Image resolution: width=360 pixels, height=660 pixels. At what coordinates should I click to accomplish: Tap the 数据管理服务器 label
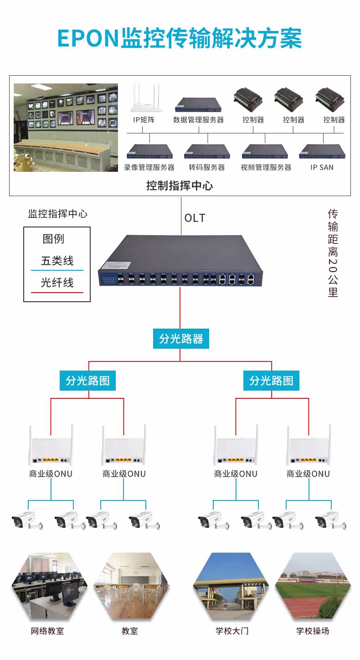click(199, 120)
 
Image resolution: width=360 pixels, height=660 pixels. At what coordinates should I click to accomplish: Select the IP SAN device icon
click(322, 151)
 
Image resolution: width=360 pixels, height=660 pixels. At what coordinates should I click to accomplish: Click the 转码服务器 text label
click(207, 167)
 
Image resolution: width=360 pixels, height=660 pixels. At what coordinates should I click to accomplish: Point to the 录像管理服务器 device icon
click(149, 151)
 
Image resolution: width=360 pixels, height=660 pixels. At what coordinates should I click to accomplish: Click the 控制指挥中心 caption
click(180, 186)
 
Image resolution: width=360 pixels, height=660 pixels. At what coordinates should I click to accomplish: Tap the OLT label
click(195, 218)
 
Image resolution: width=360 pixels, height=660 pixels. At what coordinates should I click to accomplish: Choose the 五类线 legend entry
click(57, 261)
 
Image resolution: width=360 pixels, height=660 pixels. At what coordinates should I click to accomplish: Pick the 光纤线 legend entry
click(57, 283)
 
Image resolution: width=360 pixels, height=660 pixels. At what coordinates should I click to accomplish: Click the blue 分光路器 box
click(181, 339)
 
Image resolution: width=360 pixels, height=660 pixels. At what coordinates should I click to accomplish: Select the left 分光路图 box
click(88, 381)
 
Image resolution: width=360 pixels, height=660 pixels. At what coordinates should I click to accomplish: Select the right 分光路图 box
click(271, 381)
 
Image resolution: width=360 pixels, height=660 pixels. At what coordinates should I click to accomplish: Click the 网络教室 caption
click(47, 631)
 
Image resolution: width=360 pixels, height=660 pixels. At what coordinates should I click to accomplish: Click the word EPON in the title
click(87, 38)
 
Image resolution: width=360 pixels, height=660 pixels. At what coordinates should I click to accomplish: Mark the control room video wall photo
click(66, 127)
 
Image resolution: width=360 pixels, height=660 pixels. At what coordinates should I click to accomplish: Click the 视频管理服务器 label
click(266, 167)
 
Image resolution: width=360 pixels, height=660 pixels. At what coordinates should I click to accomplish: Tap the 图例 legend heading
click(53, 239)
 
